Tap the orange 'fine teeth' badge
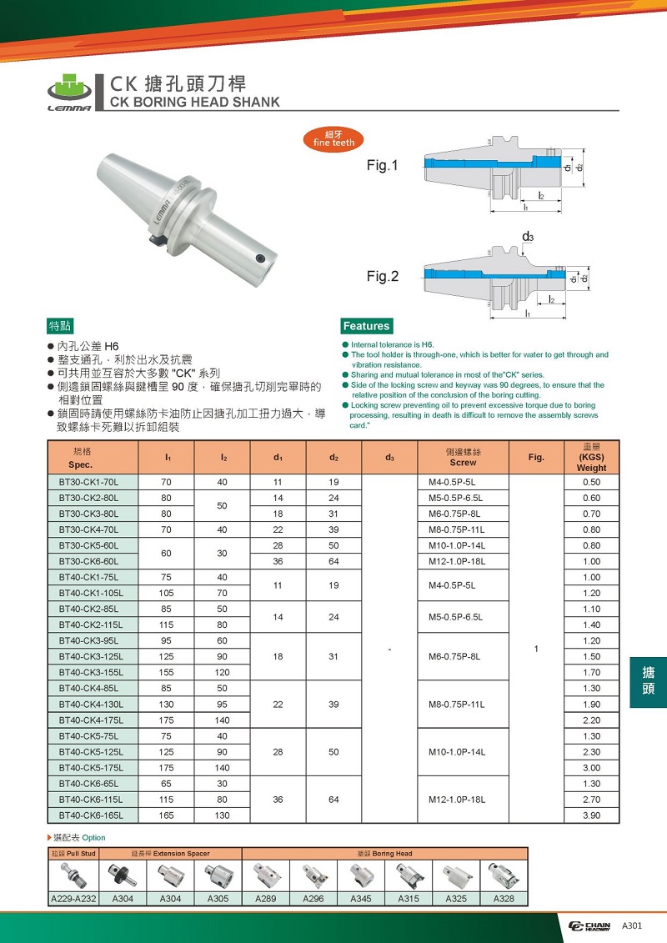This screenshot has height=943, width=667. point(333,138)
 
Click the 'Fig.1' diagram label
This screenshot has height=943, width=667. point(383,166)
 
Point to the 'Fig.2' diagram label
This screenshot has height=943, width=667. point(383,276)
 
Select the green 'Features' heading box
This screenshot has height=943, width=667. point(367,326)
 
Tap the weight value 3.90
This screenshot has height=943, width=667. point(592,815)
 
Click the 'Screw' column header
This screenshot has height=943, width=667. point(463,462)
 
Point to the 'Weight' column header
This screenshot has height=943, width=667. point(592,468)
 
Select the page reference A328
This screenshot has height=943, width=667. point(504,899)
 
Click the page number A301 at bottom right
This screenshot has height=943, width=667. point(631,925)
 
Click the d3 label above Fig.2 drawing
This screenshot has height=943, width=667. point(528,238)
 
